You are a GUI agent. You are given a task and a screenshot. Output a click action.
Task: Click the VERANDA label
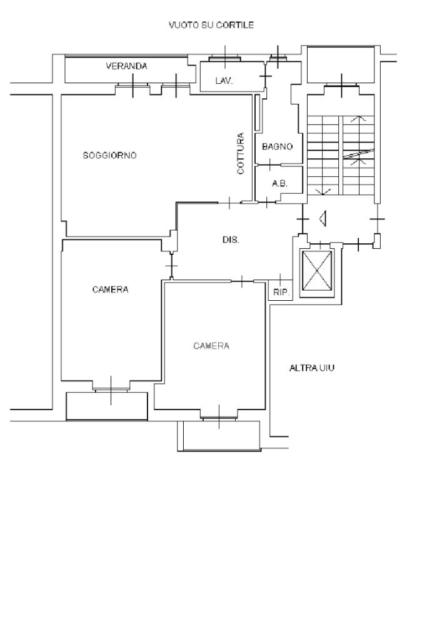coord(126,66)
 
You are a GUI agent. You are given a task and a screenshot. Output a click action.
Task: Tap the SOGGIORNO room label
coord(109,155)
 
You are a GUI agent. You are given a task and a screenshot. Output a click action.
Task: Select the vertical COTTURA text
coord(241,153)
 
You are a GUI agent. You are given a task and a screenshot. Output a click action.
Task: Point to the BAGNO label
coord(278,146)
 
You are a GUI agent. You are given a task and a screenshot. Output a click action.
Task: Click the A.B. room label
coord(280,184)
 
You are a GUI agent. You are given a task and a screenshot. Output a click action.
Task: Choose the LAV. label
coord(224,81)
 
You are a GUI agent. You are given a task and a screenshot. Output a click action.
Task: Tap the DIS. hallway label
coord(231,240)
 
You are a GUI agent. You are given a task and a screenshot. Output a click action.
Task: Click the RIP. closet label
coord(281,293)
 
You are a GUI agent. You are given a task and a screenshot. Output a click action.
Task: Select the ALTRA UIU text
coord(312,368)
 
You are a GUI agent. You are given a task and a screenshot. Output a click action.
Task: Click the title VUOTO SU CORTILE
coord(211,25)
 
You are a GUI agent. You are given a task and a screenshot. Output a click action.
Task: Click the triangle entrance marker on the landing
coord(323,218)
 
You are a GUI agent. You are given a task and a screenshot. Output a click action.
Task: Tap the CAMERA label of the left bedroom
coord(110,290)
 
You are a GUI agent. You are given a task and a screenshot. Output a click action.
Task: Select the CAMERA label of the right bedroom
coord(211,346)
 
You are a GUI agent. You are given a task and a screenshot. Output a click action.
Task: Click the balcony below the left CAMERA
coord(107,406)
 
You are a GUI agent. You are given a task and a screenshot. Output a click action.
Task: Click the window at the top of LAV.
coord(225,58)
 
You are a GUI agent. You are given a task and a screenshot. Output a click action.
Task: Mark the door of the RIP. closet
coord(280,280)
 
